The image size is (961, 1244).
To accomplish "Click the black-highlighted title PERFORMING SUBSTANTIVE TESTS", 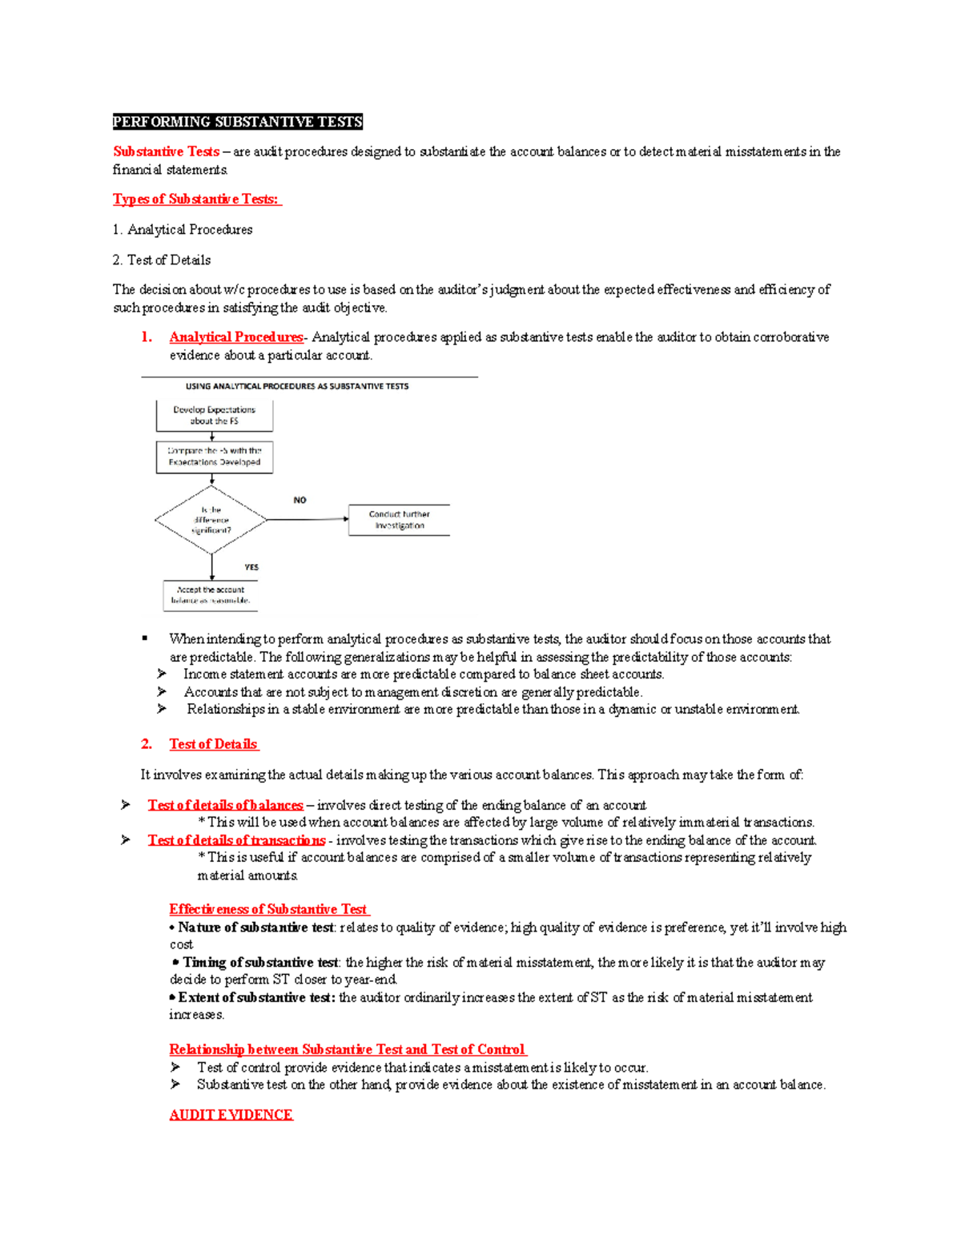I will (x=238, y=122).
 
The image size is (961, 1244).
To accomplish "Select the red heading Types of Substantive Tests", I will (x=196, y=199).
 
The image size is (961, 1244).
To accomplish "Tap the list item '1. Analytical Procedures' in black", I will (x=183, y=230).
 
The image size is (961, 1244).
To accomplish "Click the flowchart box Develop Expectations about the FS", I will (x=214, y=416).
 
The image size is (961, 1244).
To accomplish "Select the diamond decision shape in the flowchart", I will (x=211, y=520).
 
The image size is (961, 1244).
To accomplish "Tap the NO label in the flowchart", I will (x=300, y=500).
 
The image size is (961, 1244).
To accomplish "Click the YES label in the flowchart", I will (x=251, y=567).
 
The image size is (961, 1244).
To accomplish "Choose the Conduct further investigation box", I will (x=399, y=520).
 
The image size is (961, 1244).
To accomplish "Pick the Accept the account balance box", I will (x=211, y=595).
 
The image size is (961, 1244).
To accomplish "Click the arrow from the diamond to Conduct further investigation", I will (x=308, y=520).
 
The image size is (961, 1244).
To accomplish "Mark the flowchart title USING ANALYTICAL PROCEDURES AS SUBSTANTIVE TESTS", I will (x=297, y=386).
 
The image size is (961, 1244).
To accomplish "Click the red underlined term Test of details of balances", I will (x=225, y=805).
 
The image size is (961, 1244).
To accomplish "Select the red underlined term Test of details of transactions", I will (x=236, y=840).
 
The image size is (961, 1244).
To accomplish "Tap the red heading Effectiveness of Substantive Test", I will (x=268, y=909).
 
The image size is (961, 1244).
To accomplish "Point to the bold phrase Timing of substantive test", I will (x=260, y=963).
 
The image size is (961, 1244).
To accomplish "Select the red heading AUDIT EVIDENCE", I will (x=231, y=1115).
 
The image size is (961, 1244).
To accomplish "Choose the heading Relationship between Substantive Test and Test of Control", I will (x=347, y=1049).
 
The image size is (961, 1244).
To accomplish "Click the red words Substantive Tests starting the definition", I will (x=166, y=151).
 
